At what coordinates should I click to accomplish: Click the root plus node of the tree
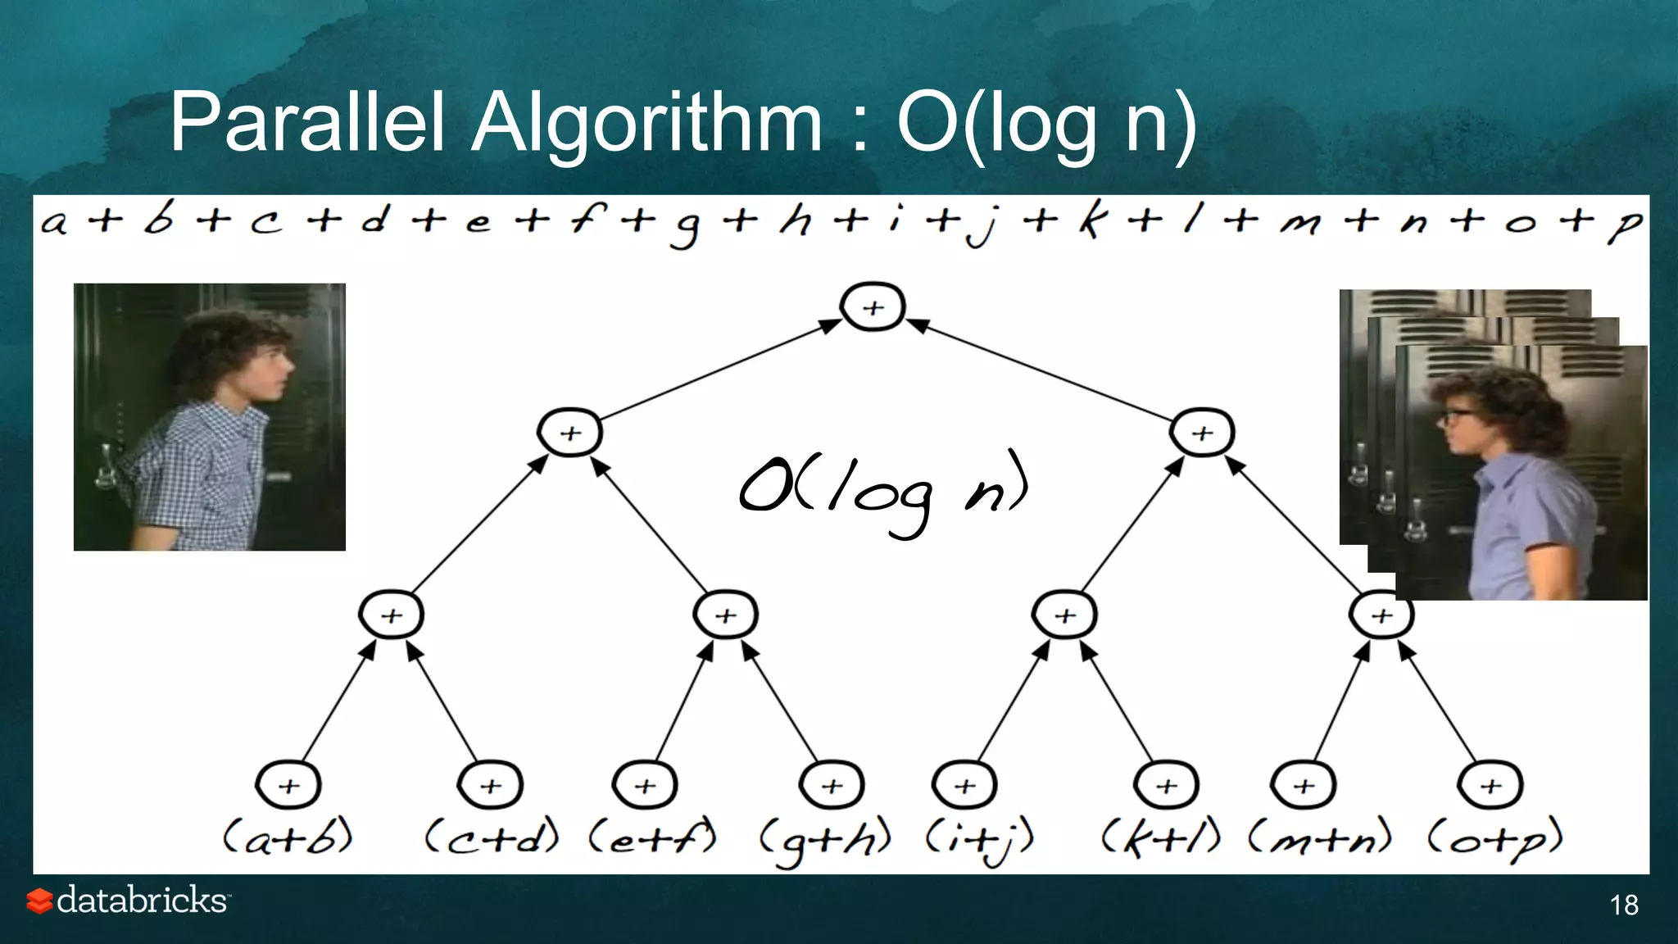pos(873,307)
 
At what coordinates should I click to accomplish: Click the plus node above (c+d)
pos(490,785)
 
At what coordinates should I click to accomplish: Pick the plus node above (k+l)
pos(1166,785)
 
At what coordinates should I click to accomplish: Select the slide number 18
pos(1624,905)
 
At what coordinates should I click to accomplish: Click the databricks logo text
pos(141,900)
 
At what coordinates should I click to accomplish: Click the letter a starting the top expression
pos(54,222)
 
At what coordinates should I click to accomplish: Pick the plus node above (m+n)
pos(1303,785)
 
